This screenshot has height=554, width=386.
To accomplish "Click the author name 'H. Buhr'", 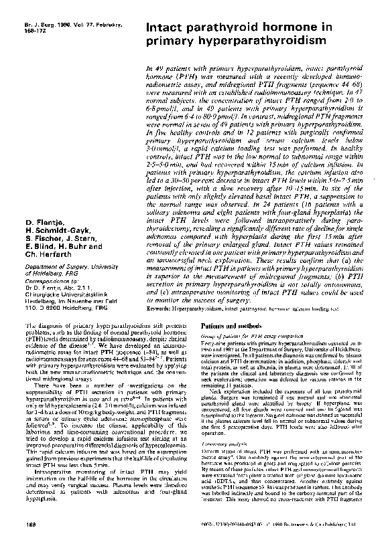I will pos(70,246).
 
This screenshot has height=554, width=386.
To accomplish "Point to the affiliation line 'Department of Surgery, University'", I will pos(70,265).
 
